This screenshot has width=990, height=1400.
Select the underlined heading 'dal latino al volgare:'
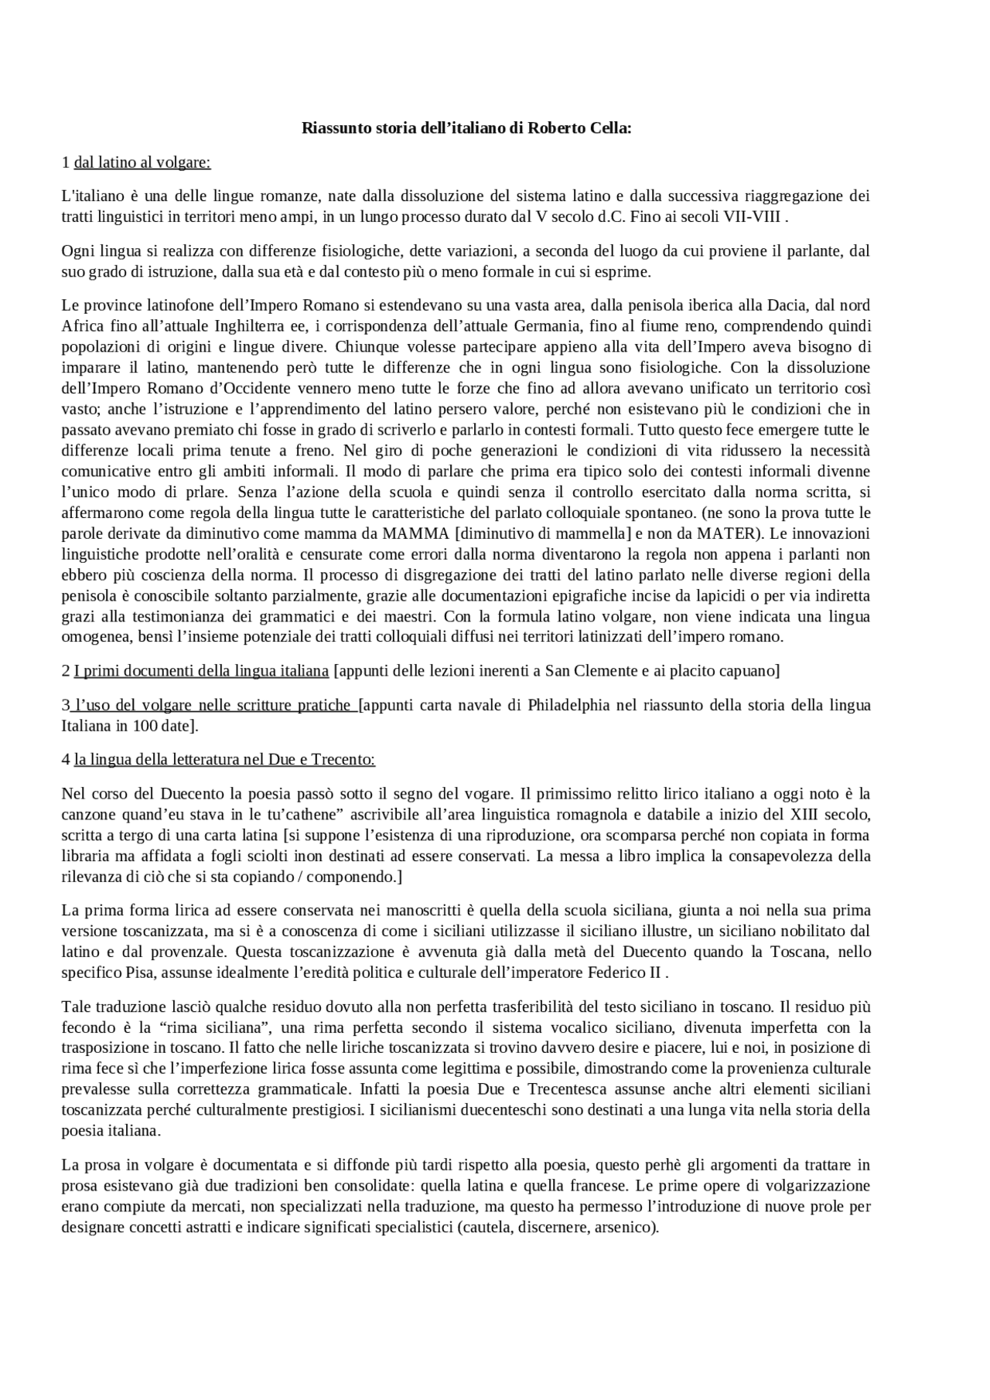click(x=142, y=162)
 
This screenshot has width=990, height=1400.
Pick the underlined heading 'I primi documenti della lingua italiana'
click(x=201, y=671)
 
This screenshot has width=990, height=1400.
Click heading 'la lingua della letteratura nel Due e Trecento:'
click(x=224, y=760)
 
